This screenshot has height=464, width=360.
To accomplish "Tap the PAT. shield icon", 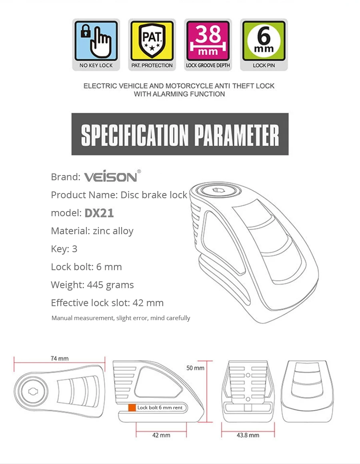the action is click(152, 40).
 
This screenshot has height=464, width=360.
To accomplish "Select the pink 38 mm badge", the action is click(208, 40).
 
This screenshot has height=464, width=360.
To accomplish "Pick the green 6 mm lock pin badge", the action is click(264, 40).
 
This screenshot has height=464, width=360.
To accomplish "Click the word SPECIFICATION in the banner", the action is click(135, 135).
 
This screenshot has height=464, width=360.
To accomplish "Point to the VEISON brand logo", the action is click(112, 176).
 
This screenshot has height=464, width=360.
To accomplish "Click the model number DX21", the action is click(99, 213).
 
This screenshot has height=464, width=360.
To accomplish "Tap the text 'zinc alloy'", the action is click(113, 231).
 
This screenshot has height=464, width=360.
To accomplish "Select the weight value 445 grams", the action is click(110, 285).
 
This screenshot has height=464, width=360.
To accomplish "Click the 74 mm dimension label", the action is click(60, 358).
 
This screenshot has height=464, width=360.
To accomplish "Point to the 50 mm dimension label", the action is click(195, 368).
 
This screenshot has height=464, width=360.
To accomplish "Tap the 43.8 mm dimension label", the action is click(248, 435).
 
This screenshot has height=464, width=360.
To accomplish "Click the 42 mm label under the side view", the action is click(161, 435).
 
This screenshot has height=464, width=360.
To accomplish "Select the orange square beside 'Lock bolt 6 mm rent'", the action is click(132, 408).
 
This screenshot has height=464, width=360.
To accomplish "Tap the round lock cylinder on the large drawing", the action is click(219, 190).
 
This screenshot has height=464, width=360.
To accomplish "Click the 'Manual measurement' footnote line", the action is click(121, 318).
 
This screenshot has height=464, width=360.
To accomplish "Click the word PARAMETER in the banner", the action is click(237, 135).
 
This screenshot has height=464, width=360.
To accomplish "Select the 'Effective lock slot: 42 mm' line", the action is click(107, 303).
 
